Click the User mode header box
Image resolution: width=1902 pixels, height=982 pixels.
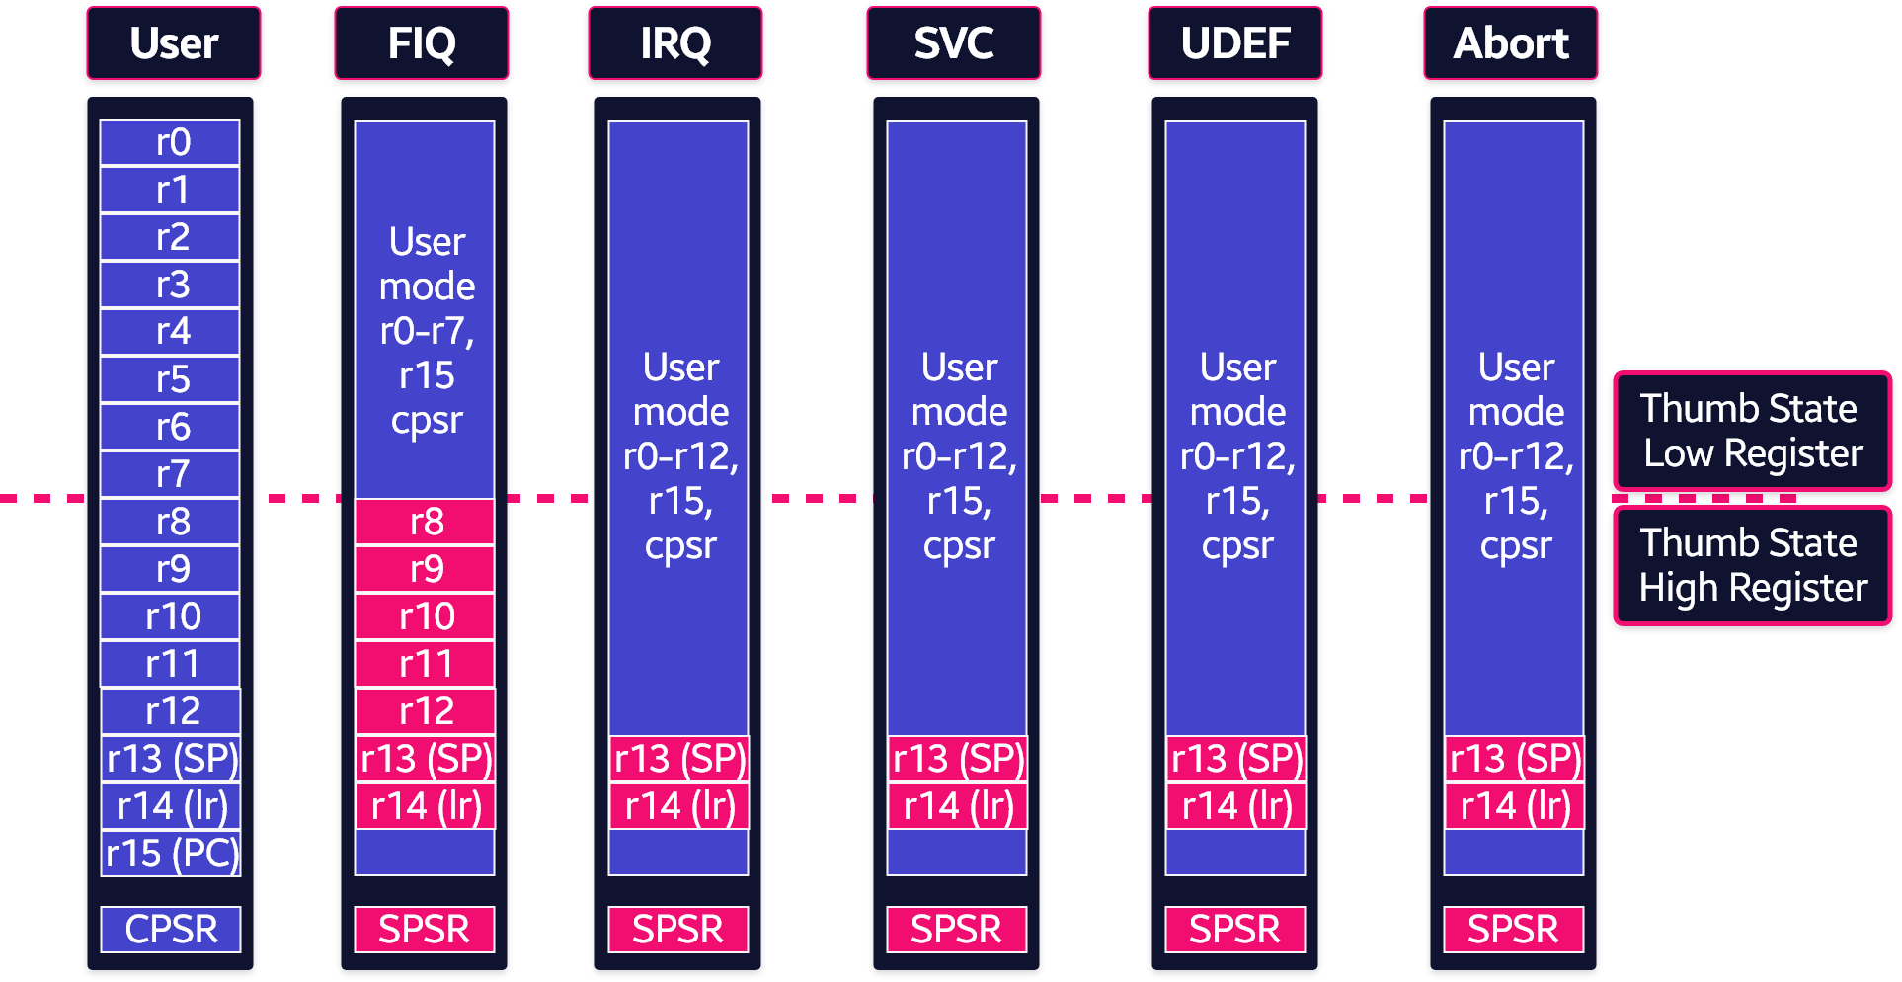tap(174, 43)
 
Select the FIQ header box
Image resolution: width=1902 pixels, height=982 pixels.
tap(422, 43)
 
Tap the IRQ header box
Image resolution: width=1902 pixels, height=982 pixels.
tap(675, 43)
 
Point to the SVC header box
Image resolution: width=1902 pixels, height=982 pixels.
tap(954, 43)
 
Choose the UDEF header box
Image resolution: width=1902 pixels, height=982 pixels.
tap(1235, 43)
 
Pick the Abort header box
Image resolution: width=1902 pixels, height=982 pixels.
tap(1511, 43)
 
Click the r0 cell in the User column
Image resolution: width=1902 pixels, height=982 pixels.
tap(170, 142)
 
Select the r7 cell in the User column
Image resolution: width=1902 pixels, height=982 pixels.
tap(170, 474)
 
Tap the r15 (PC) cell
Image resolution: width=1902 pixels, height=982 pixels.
tap(171, 854)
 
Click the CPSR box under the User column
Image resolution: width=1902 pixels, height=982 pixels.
tap(171, 930)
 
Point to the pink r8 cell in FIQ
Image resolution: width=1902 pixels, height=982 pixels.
tap(425, 522)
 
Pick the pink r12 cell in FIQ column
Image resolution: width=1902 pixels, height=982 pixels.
tap(425, 711)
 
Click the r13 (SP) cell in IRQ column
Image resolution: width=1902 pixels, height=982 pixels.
tap(678, 759)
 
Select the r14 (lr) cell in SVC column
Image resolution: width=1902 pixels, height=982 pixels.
tap(957, 806)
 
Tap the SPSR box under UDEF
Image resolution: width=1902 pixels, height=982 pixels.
tap(1235, 930)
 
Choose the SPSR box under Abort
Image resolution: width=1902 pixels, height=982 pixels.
tap(1514, 930)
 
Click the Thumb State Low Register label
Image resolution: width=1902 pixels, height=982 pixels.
tap(1753, 431)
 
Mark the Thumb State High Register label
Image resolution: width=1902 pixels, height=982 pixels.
tap(1753, 565)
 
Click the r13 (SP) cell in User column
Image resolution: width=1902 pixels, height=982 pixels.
tap(171, 759)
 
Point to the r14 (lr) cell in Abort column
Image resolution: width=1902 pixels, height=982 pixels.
tap(1514, 806)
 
